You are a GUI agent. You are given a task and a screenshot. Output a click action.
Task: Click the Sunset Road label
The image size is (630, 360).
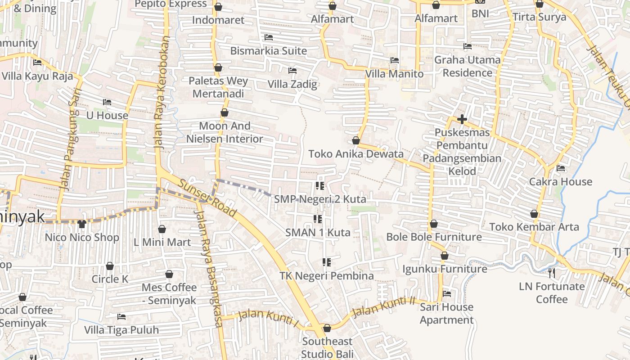(207, 198)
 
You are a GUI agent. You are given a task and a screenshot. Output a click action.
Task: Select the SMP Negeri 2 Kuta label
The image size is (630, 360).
(320, 199)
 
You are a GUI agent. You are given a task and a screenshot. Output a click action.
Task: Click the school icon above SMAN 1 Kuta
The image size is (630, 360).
(318, 219)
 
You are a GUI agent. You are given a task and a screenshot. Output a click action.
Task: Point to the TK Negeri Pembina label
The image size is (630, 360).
(326, 275)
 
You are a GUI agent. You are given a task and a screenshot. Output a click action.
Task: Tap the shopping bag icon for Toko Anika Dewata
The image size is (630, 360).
(356, 141)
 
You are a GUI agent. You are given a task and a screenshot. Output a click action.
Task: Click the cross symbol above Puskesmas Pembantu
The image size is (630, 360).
(462, 120)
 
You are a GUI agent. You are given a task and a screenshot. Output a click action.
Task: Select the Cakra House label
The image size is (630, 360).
(560, 181)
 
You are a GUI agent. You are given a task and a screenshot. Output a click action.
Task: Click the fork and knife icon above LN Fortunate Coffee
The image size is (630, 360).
(552, 273)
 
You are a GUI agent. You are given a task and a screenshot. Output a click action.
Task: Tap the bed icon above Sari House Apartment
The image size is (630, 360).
(446, 294)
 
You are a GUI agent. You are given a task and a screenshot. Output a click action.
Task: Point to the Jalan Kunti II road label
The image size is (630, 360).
(383, 307)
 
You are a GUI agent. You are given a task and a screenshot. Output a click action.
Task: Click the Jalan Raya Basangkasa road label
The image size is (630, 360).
(208, 268)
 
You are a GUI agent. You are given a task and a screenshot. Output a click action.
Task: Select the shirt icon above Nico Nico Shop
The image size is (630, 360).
(81, 224)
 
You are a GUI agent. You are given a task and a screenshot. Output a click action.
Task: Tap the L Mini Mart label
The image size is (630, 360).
(162, 242)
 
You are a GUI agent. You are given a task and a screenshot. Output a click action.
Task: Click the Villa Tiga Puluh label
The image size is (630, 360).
(121, 330)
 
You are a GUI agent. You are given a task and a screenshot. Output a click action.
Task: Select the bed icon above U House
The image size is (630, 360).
(107, 102)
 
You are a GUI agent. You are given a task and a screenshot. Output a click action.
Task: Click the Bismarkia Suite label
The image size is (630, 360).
(268, 50)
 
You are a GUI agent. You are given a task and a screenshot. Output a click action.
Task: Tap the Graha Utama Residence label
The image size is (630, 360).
(467, 66)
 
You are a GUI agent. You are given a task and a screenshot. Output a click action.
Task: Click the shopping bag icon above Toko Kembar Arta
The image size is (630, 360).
(534, 214)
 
